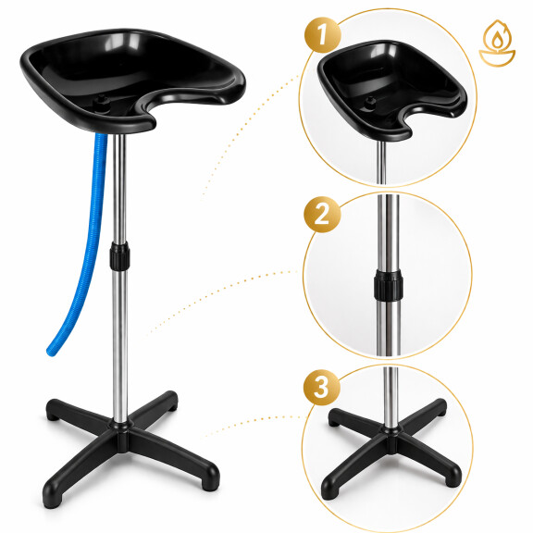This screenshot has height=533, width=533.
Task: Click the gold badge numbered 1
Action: (322, 35)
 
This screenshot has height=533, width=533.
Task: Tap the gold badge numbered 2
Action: (322, 215)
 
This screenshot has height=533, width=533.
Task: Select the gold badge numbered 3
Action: (322, 387)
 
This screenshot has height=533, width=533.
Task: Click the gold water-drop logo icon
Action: (497, 43)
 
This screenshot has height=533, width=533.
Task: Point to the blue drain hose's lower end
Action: (51, 352)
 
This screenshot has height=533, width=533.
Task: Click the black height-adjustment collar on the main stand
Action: (119, 256)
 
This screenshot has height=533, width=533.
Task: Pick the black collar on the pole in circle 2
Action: (389, 285)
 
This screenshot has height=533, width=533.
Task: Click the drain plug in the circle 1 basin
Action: (370, 102)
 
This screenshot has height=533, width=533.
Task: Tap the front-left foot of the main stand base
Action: (52, 499)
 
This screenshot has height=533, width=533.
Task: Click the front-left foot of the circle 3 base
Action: (329, 490)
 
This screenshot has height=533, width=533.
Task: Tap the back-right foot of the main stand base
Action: (170, 402)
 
